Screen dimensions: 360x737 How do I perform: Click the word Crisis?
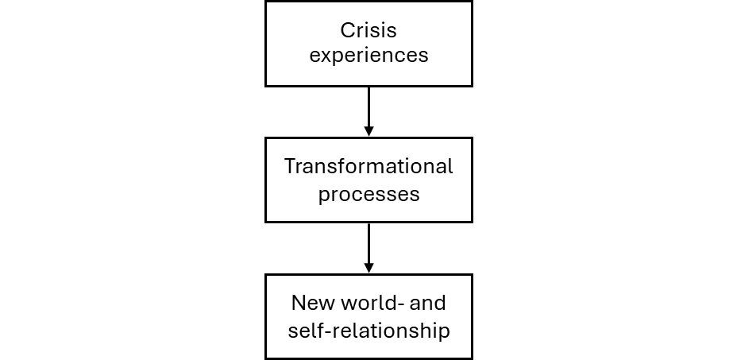(368, 31)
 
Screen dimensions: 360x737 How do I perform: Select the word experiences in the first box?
(368, 56)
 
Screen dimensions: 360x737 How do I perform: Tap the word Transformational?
(368, 167)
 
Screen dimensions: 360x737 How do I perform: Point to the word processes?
(368, 194)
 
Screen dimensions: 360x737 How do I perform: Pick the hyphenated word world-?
(376, 304)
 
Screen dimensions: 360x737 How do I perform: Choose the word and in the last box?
(430, 304)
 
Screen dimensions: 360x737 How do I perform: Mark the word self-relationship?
(368, 330)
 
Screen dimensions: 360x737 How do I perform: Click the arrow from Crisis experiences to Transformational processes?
(368, 107)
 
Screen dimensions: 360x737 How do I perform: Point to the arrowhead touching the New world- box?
(368, 268)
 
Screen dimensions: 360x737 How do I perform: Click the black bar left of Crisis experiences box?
(132, 21)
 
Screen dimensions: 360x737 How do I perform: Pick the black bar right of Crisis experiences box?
(604, 21)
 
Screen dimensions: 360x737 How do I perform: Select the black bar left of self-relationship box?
(132, 331)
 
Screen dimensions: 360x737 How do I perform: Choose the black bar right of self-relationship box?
(604, 331)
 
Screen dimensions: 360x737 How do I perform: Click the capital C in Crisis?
(347, 31)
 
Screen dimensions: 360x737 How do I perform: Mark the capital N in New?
(299, 304)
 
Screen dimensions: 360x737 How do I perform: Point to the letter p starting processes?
(324, 195)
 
